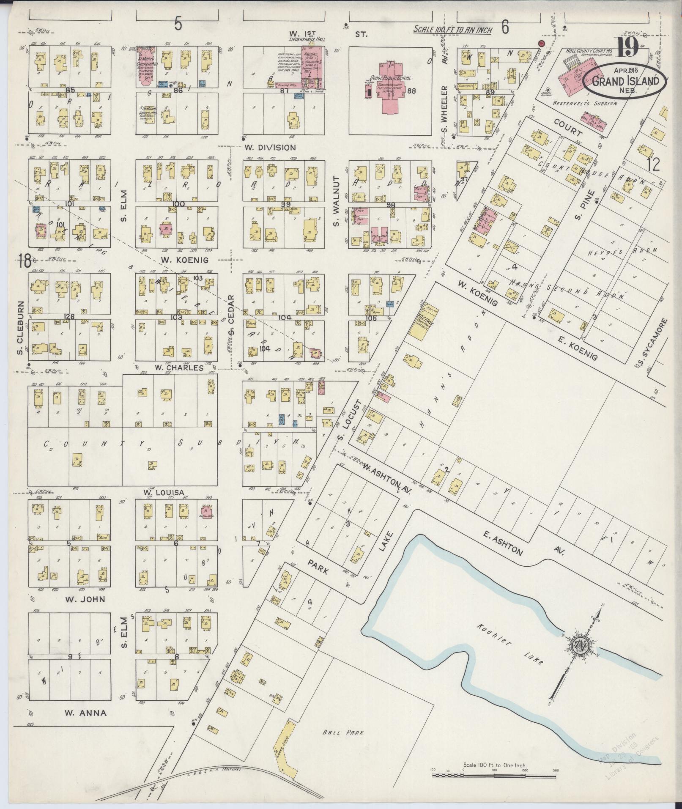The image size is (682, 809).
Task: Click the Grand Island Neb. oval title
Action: [625, 81]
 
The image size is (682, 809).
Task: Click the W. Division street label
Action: [270, 148]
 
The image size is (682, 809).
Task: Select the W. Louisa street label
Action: [164, 492]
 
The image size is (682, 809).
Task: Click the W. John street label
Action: [85, 599]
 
